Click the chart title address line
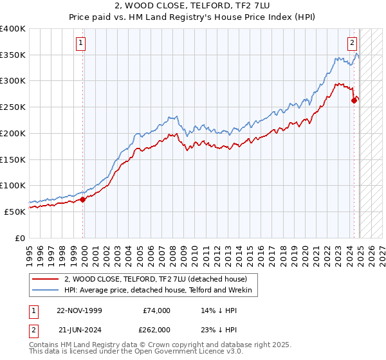coord(192,6)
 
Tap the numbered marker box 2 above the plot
coord(353,44)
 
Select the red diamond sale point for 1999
coord(83,199)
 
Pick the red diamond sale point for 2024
coord(354,100)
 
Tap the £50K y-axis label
coord(15,212)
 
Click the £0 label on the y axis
coord(21,238)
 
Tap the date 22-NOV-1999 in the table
coord(80,310)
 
